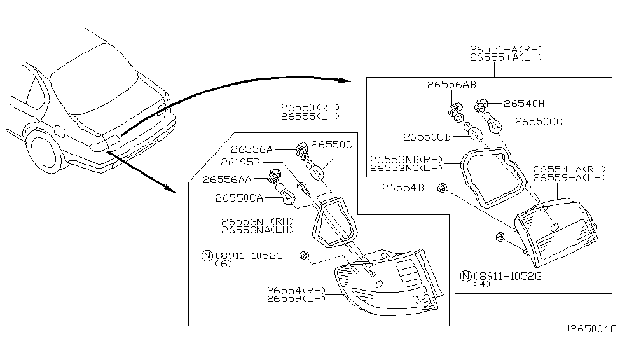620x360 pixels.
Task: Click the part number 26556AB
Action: [451, 85]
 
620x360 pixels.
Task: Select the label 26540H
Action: [525, 103]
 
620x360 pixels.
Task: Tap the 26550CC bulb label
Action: [539, 121]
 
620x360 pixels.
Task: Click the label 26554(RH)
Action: [296, 291]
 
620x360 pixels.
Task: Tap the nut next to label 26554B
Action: [443, 188]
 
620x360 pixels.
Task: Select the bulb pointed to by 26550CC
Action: [493, 121]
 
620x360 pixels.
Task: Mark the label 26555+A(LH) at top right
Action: [506, 57]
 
